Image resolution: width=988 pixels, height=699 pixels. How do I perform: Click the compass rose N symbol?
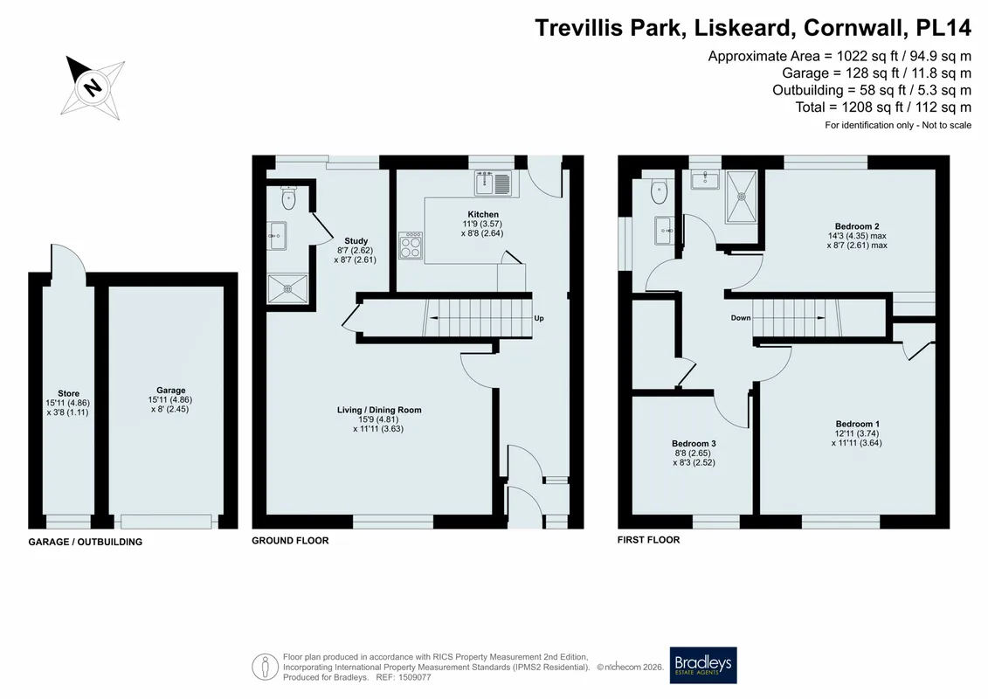pos(93,87)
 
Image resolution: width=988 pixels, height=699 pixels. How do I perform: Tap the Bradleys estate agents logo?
pos(702,665)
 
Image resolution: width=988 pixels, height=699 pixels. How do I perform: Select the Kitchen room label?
pos(483,214)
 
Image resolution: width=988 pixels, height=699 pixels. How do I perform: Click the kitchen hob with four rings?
pos(411,246)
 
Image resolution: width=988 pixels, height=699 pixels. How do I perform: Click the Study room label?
pos(356,241)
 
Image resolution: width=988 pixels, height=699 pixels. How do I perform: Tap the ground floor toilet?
pos(288,197)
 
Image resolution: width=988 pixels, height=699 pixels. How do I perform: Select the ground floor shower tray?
pos(288,288)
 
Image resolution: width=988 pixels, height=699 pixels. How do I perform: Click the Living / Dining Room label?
pos(379,410)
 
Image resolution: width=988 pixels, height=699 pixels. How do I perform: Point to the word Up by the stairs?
pos(539,318)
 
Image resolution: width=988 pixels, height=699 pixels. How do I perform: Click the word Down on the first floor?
pos(741,318)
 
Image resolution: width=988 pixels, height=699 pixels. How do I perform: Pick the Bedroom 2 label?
pos(857,226)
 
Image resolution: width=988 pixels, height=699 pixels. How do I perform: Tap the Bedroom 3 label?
pos(694,444)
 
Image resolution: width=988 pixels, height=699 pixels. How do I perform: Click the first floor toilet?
pos(659,191)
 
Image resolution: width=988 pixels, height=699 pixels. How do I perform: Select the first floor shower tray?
pos(742,196)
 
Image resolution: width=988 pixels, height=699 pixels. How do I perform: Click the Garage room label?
pos(170,391)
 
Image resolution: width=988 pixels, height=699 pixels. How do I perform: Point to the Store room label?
pos(69,393)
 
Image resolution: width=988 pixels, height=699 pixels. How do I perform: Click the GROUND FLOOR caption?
pos(291,540)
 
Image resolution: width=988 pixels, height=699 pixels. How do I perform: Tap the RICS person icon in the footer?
pos(266,668)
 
